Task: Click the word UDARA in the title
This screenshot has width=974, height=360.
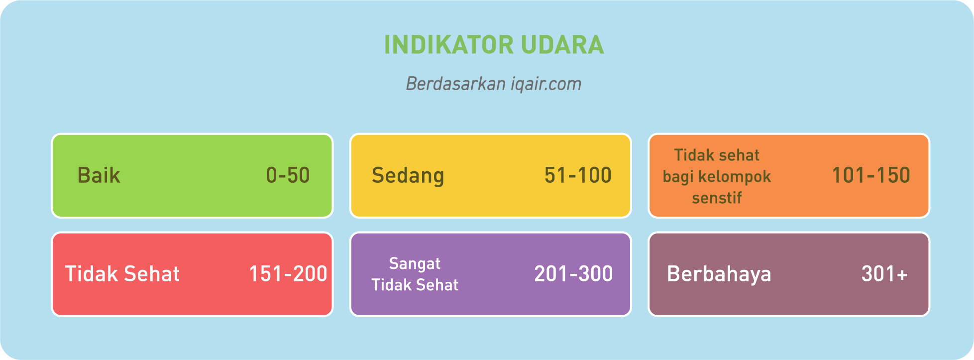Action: point(563,45)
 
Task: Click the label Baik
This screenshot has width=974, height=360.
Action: point(99,175)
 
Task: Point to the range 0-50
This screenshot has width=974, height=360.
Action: point(288,175)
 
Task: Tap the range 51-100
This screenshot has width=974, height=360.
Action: point(578,175)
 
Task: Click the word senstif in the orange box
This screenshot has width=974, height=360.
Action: point(717,198)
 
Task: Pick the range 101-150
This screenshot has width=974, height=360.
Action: point(871,175)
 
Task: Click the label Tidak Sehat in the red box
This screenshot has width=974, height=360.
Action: point(122,274)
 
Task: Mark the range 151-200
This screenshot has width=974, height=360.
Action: point(288,274)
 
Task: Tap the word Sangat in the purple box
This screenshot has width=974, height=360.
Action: point(415,264)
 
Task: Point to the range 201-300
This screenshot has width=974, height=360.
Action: point(573,274)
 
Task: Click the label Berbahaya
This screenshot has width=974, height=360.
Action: point(719,274)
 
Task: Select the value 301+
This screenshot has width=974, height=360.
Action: point(884,274)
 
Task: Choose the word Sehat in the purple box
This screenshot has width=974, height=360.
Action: point(438,285)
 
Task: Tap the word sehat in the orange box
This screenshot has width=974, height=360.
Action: point(738,155)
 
